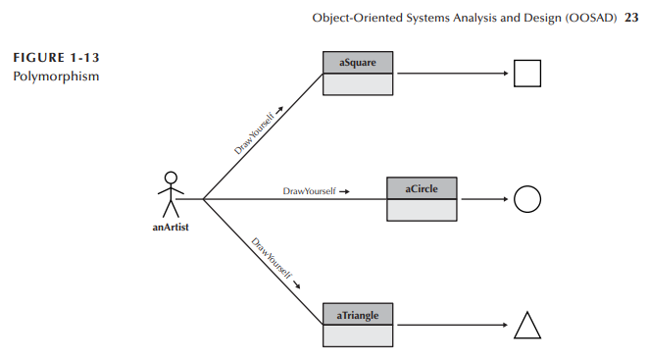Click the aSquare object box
tap(359, 74)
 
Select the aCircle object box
tap(423, 198)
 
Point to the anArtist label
tap(170, 228)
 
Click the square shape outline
tap(527, 74)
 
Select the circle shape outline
tap(527, 199)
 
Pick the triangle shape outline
tap(527, 326)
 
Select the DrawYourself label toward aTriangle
tap(272, 259)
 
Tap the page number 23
tap(630, 17)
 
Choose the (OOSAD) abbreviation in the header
tap(588, 17)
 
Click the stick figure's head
tap(172, 178)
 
